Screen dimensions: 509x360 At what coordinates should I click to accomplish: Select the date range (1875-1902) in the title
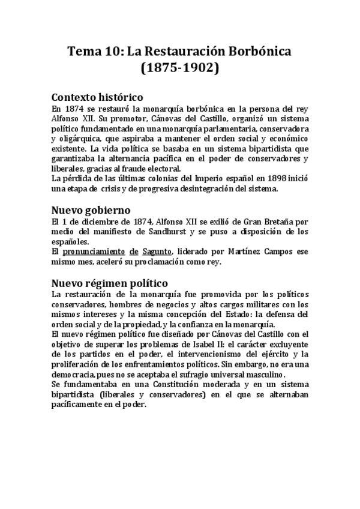[180, 69]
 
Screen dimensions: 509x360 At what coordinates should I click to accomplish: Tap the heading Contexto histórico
[97, 97]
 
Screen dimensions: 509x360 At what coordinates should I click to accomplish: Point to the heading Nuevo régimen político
[110, 282]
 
